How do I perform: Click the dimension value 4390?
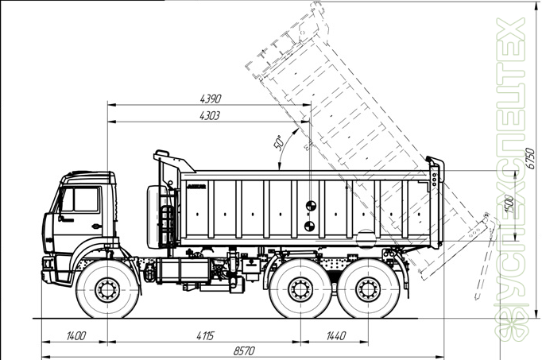[x=210, y=99]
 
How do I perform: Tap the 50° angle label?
[x=278, y=143]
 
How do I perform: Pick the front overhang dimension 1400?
[x=75, y=336]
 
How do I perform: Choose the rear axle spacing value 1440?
[x=335, y=336]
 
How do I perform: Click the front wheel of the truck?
[x=106, y=290]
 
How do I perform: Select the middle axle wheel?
[x=300, y=290]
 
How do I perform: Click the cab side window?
[x=81, y=199]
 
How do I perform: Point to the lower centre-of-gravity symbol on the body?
[x=308, y=226]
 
